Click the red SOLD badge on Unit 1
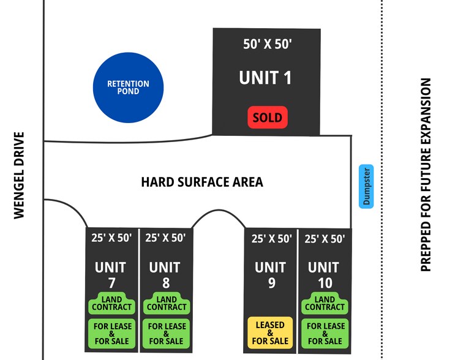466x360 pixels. click(268, 118)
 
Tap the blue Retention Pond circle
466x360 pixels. click(128, 88)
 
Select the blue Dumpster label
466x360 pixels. click(366, 186)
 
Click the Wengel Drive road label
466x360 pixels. click(19, 176)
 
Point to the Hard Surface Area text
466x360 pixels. click(202, 182)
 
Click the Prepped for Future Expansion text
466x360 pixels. click(426, 174)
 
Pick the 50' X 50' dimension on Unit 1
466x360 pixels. click(268, 44)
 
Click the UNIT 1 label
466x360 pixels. click(265, 78)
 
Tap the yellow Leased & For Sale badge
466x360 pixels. click(270, 332)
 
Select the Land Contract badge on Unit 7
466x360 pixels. click(111, 303)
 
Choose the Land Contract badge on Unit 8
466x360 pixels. click(167, 303)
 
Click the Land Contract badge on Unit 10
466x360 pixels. click(325, 303)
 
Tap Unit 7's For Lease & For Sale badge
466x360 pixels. click(111, 334)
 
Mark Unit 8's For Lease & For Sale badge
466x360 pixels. click(167, 334)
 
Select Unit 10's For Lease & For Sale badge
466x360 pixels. click(325, 334)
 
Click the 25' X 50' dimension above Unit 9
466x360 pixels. click(272, 239)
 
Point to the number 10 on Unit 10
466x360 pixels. click(325, 283)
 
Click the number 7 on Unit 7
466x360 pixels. click(111, 283)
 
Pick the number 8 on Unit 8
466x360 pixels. click(166, 283)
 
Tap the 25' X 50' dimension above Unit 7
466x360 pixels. click(111, 238)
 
